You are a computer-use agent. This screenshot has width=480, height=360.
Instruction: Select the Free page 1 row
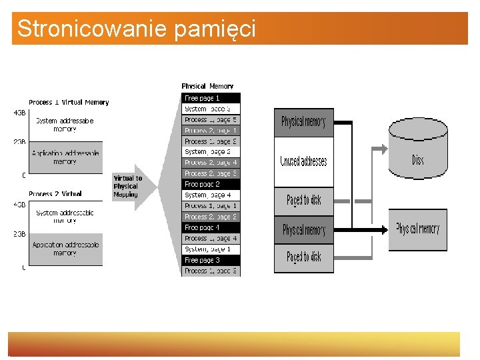click(211, 98)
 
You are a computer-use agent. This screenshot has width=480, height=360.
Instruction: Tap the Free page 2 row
click(211, 184)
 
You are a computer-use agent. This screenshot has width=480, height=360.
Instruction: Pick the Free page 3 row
click(211, 260)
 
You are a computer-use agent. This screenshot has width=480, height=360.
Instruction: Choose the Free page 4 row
click(211, 227)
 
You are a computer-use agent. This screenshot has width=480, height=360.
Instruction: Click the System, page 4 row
click(211, 195)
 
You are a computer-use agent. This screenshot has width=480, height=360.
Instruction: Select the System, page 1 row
click(211, 249)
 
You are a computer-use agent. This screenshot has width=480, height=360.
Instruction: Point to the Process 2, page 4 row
click(211, 163)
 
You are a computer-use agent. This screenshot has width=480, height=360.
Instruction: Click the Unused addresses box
click(303, 161)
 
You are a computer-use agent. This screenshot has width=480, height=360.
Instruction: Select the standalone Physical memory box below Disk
click(417, 229)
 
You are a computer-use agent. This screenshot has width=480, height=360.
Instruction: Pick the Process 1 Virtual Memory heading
click(69, 102)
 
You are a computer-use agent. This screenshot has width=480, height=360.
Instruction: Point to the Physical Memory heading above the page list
click(207, 86)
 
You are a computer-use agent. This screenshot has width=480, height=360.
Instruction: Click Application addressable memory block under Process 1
click(65, 157)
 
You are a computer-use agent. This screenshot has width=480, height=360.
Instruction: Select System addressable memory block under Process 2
click(65, 216)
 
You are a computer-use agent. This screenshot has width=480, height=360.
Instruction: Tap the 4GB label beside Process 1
click(19, 113)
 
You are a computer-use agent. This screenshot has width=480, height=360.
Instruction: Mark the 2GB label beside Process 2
click(19, 235)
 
